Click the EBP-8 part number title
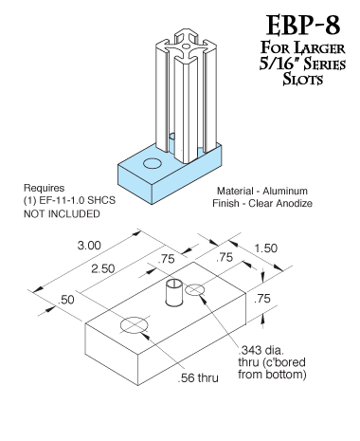(303, 26)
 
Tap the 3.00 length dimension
(89, 246)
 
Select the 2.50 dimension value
(103, 268)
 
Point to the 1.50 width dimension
(266, 248)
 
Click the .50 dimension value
(65, 300)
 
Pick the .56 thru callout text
(198, 377)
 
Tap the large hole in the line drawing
(135, 324)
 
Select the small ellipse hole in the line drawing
(194, 289)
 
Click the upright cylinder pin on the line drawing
(174, 292)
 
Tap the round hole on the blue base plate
(153, 163)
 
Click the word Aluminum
(285, 191)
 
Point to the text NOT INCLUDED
(62, 214)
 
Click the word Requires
(45, 188)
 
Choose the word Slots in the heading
(303, 79)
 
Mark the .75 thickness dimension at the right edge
(262, 298)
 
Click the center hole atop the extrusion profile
(187, 46)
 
